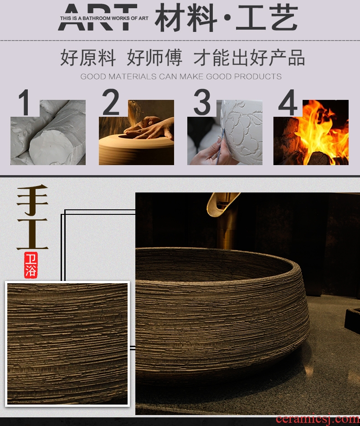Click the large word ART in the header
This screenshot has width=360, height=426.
point(98,17)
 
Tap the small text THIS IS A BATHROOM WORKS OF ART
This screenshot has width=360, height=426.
point(104,18)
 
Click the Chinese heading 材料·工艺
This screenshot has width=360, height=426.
point(226,18)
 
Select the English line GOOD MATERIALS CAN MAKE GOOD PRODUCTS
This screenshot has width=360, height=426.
point(181,76)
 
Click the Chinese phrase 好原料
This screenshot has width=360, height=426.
point(88,57)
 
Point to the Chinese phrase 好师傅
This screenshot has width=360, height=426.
point(154,57)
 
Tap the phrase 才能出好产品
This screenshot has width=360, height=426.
point(249,57)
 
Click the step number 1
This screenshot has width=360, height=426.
point(25,102)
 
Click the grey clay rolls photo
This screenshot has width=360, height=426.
point(48,132)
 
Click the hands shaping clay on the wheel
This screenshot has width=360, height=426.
point(149,128)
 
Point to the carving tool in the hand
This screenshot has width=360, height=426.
point(220,147)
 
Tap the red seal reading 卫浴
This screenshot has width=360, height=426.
point(31,265)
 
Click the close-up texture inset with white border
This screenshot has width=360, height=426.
point(67,344)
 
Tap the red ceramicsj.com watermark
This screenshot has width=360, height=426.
point(318,420)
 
